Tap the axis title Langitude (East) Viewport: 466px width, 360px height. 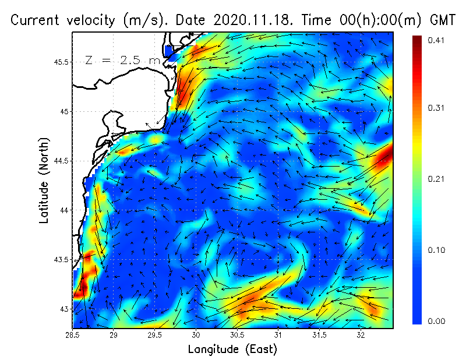click(x=232, y=350)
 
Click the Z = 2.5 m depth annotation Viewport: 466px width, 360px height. click(x=123, y=60)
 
